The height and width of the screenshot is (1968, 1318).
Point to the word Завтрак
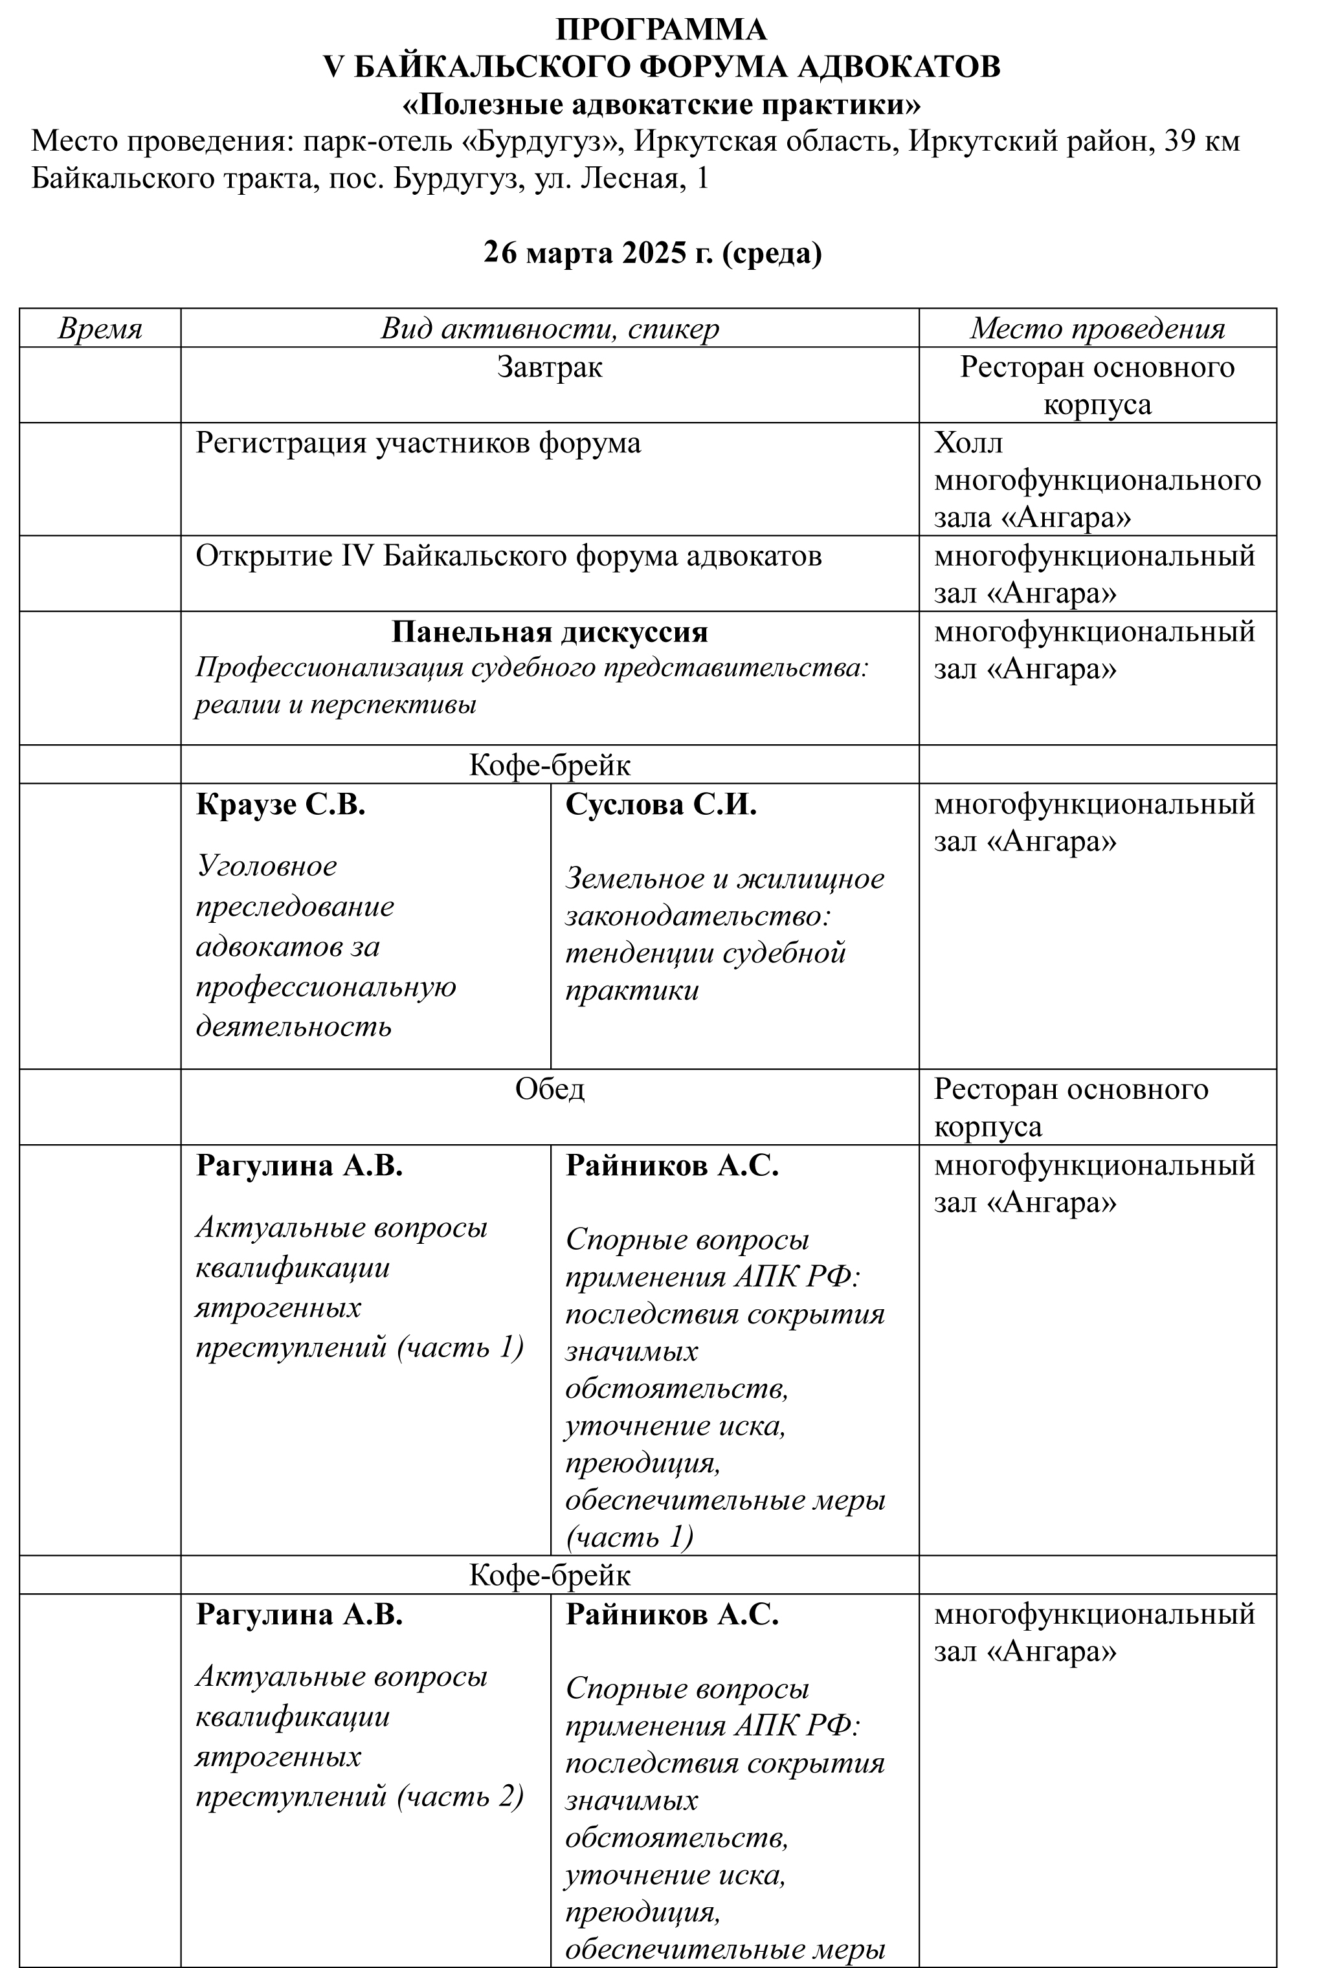[549, 367]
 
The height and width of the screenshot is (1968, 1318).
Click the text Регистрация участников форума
[418, 443]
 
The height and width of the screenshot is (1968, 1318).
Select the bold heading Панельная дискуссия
[550, 632]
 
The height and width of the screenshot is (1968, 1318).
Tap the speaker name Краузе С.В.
[281, 805]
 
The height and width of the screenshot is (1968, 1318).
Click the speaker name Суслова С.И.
[661, 805]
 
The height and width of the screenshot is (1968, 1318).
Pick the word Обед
[550, 1089]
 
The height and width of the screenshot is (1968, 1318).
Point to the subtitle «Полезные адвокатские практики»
[661, 105]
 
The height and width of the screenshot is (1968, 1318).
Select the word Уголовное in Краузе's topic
[267, 865]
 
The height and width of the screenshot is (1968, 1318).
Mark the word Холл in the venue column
[968, 443]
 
